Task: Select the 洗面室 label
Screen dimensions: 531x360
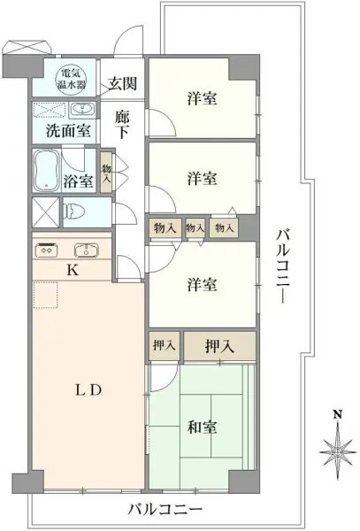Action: click(67, 131)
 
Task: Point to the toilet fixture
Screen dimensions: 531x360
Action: click(73, 212)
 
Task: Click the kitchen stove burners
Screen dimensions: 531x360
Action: click(46, 250)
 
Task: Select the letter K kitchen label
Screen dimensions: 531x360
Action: click(73, 271)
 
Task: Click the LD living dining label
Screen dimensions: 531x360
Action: click(85, 389)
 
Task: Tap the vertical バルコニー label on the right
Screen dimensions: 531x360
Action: click(281, 265)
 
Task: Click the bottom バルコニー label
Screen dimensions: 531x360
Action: click(165, 510)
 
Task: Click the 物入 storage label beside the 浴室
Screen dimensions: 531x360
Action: click(106, 173)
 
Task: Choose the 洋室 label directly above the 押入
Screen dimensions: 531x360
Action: click(203, 285)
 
